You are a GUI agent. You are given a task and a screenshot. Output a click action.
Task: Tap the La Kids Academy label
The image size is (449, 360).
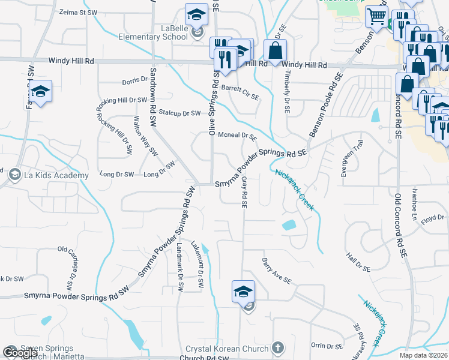55,175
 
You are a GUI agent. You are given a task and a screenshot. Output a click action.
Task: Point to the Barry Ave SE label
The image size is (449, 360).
276,271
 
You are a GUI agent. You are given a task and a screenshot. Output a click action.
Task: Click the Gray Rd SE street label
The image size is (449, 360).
244,193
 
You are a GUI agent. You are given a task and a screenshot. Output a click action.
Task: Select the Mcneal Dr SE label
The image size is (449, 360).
237,136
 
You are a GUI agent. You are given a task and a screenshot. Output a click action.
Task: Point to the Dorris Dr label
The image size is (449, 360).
134,80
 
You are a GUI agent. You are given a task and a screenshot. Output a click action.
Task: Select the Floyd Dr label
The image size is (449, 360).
432,217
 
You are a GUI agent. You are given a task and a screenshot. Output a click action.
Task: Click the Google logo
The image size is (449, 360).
20,353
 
